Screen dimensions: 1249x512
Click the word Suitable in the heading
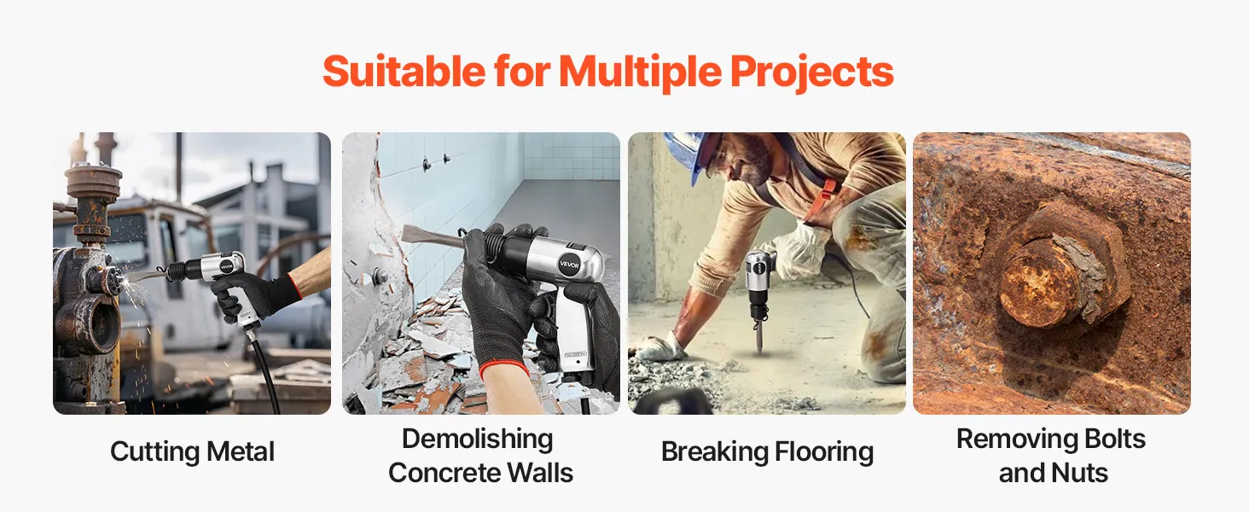click(404, 72)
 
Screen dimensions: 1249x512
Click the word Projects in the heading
click(812, 73)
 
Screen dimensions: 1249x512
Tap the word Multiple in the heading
click(640, 73)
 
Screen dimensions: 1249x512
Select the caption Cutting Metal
click(192, 451)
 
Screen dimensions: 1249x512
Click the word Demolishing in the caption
click(477, 439)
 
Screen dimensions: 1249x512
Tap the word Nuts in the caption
click(1081, 473)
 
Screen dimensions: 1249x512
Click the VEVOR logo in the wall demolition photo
click(569, 265)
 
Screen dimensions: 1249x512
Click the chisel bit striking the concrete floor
click(759, 335)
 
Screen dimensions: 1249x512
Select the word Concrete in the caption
click(444, 473)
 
